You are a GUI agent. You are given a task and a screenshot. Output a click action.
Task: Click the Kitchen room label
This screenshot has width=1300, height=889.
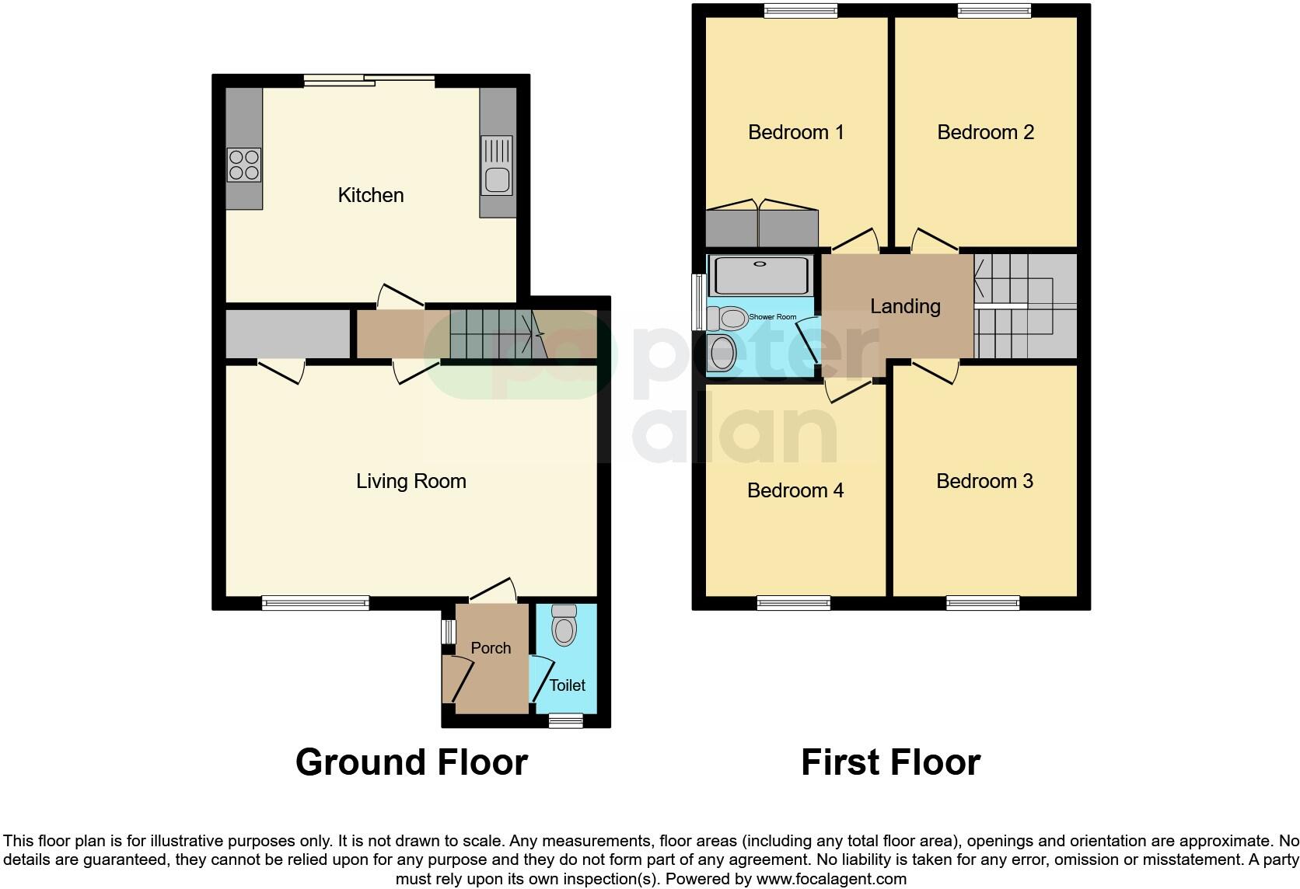pyautogui.click(x=371, y=195)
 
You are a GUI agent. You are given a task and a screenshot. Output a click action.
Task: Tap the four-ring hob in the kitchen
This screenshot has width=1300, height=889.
pyautogui.click(x=244, y=165)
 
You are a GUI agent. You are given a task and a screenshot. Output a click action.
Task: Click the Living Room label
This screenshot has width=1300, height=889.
pyautogui.click(x=411, y=481)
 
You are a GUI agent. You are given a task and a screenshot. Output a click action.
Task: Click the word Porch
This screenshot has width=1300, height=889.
pyautogui.click(x=491, y=648)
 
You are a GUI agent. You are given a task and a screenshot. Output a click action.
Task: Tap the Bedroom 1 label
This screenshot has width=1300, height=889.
pyautogui.click(x=795, y=132)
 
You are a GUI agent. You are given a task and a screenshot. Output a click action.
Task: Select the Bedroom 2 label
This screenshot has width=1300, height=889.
pyautogui.click(x=985, y=132)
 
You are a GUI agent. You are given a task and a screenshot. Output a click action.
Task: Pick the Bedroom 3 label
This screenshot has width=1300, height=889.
pyautogui.click(x=984, y=481)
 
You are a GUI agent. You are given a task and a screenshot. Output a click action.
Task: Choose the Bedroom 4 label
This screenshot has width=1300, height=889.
pyautogui.click(x=795, y=490)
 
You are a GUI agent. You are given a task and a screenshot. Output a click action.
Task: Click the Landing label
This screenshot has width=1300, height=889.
pyautogui.click(x=905, y=306)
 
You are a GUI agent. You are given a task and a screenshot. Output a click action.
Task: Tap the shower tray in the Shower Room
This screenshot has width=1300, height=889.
pyautogui.click(x=763, y=275)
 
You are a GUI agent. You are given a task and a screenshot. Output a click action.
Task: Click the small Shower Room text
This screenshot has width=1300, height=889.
pyautogui.click(x=772, y=317)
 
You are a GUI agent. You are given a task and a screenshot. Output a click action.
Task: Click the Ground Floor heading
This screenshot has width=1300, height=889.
pyautogui.click(x=411, y=762)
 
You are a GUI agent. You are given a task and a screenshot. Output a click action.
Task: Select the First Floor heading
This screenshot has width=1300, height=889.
pyautogui.click(x=890, y=762)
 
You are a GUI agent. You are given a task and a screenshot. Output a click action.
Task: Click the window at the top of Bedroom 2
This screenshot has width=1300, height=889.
pyautogui.click(x=994, y=10)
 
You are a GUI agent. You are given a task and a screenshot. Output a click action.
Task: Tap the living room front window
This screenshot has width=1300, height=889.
pyautogui.click(x=315, y=602)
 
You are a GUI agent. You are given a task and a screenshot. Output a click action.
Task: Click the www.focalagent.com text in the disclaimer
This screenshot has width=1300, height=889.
pyautogui.click(x=830, y=880)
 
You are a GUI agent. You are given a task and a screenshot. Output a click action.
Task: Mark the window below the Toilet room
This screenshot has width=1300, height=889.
pyautogui.click(x=565, y=720)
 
